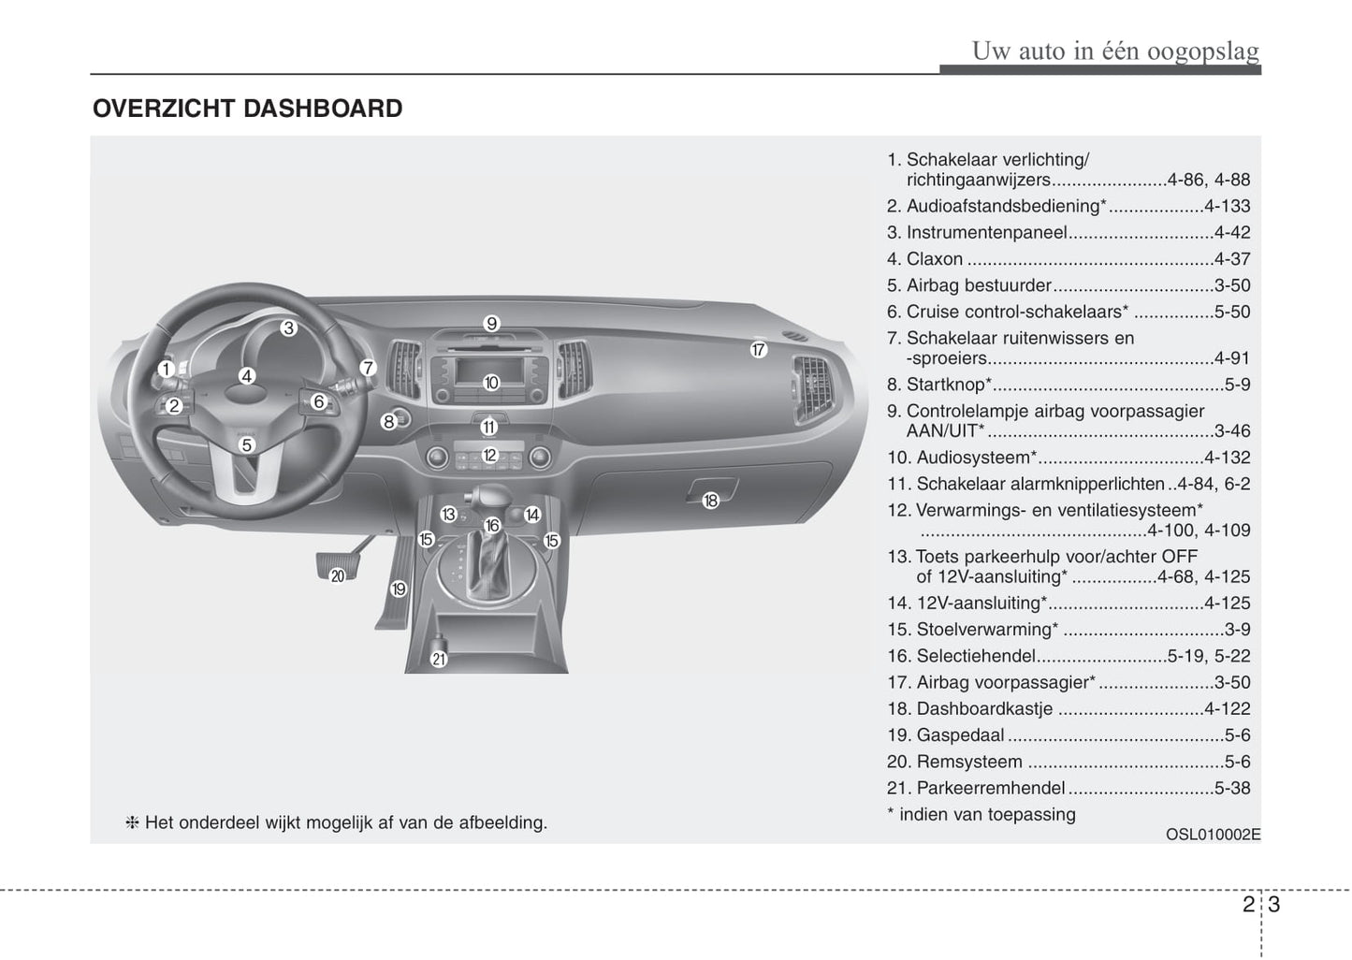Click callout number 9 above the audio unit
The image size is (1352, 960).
pyautogui.click(x=491, y=324)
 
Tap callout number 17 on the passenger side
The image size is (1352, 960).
pyautogui.click(x=758, y=350)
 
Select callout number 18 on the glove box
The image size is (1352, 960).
pyautogui.click(x=710, y=501)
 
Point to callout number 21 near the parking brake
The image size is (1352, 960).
pyautogui.click(x=439, y=660)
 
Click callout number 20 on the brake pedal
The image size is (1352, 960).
pyautogui.click(x=338, y=576)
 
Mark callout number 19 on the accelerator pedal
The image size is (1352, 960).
pyautogui.click(x=399, y=589)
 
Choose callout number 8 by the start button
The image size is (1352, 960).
pyautogui.click(x=388, y=421)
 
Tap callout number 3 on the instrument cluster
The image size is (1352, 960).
pyautogui.click(x=288, y=327)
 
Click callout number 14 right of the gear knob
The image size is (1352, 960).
pyautogui.click(x=531, y=515)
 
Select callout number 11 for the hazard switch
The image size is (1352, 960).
pyautogui.click(x=488, y=428)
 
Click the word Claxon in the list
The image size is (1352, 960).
pyautogui.click(x=935, y=259)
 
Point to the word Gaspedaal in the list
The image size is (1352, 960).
pyautogui.click(x=960, y=735)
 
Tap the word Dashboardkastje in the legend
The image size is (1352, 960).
pyautogui.click(x=984, y=709)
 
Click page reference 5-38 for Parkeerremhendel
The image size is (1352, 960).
pyautogui.click(x=1232, y=788)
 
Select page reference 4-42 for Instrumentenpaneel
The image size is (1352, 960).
pyautogui.click(x=1232, y=232)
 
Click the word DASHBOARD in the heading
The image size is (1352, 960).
pyautogui.click(x=323, y=109)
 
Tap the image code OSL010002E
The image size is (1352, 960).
pyautogui.click(x=1214, y=835)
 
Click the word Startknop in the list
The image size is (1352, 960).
pyautogui.click(x=945, y=385)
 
